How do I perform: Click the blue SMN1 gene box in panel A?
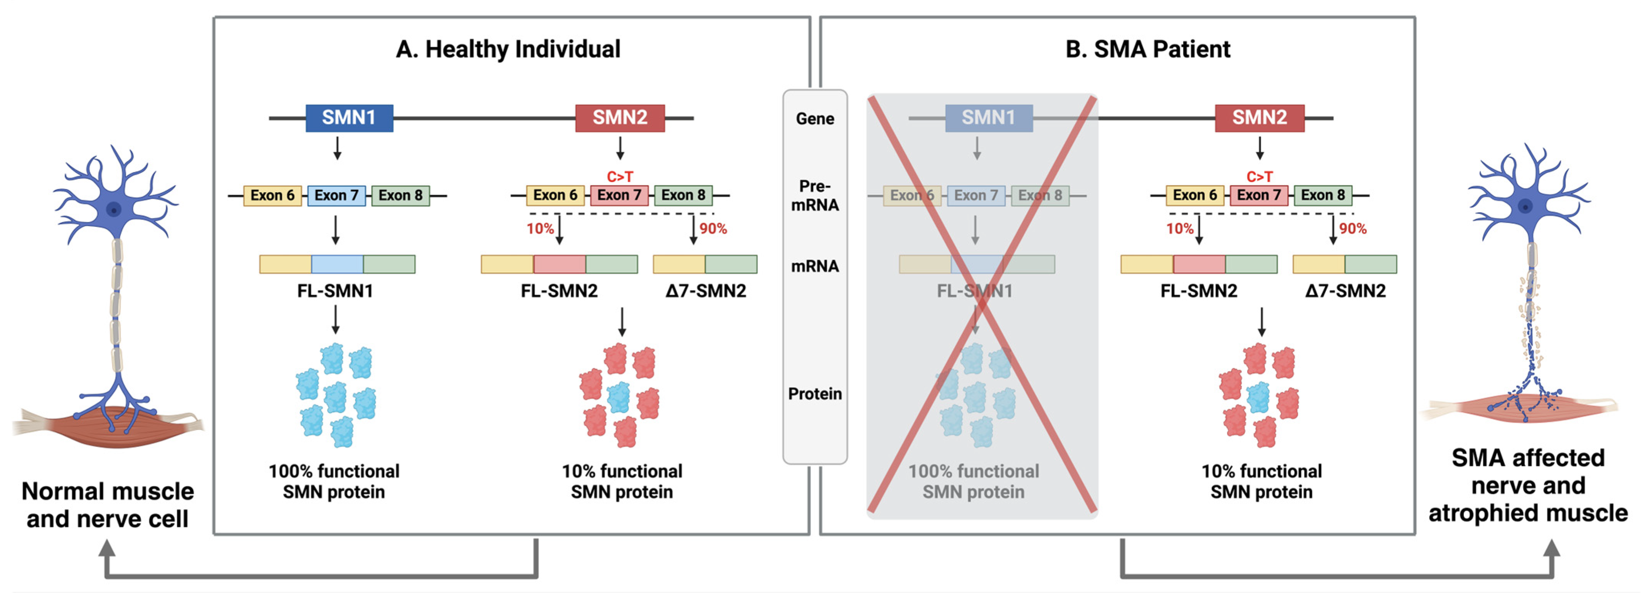coord(349,118)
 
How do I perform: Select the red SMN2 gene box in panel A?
coord(619,118)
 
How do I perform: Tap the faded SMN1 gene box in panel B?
coord(989,118)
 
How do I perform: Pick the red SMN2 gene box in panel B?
coord(1259,118)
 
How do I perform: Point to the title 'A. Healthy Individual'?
coord(508,49)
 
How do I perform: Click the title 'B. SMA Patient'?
coord(1147,49)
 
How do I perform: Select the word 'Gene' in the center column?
coord(815,119)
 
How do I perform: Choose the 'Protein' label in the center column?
coord(815,393)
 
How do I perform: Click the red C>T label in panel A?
coord(619,176)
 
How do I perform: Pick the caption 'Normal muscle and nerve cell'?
coord(107,505)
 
